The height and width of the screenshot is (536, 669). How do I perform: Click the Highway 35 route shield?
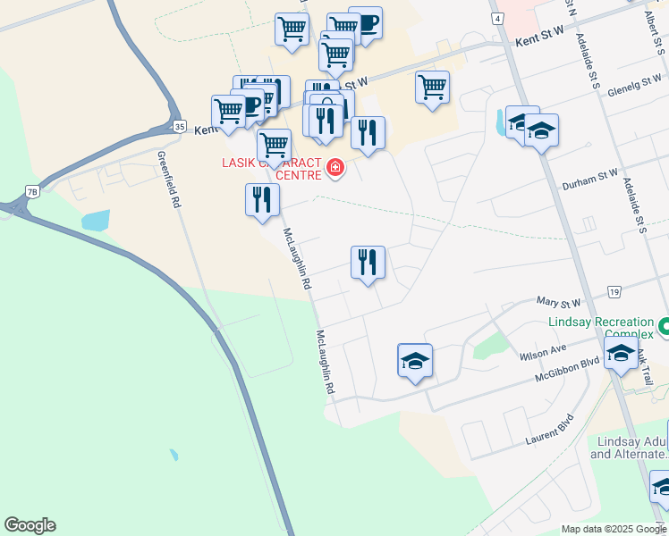click(x=179, y=127)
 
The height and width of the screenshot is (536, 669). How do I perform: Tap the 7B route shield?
click(x=32, y=191)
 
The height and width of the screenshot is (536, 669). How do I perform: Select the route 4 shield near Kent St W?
click(x=497, y=18)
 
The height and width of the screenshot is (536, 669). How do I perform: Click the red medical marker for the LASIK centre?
click(x=335, y=167)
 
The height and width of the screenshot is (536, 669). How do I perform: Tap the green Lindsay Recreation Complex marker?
click(x=663, y=329)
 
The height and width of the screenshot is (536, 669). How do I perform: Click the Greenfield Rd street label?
click(x=169, y=179)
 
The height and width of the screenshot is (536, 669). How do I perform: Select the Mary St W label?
click(x=559, y=304)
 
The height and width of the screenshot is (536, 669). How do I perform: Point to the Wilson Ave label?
click(x=543, y=352)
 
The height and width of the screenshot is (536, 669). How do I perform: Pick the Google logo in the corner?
click(x=30, y=525)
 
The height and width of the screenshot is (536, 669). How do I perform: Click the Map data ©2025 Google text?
click(x=614, y=529)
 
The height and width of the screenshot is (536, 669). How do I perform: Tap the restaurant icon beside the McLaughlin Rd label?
click(x=260, y=199)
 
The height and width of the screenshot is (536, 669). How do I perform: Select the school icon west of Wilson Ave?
click(x=415, y=360)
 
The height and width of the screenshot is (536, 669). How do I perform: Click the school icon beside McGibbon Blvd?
click(x=621, y=354)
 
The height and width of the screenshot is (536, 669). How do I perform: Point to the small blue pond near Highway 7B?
click(x=95, y=220)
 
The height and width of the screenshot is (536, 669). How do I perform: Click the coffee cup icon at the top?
click(x=365, y=21)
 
